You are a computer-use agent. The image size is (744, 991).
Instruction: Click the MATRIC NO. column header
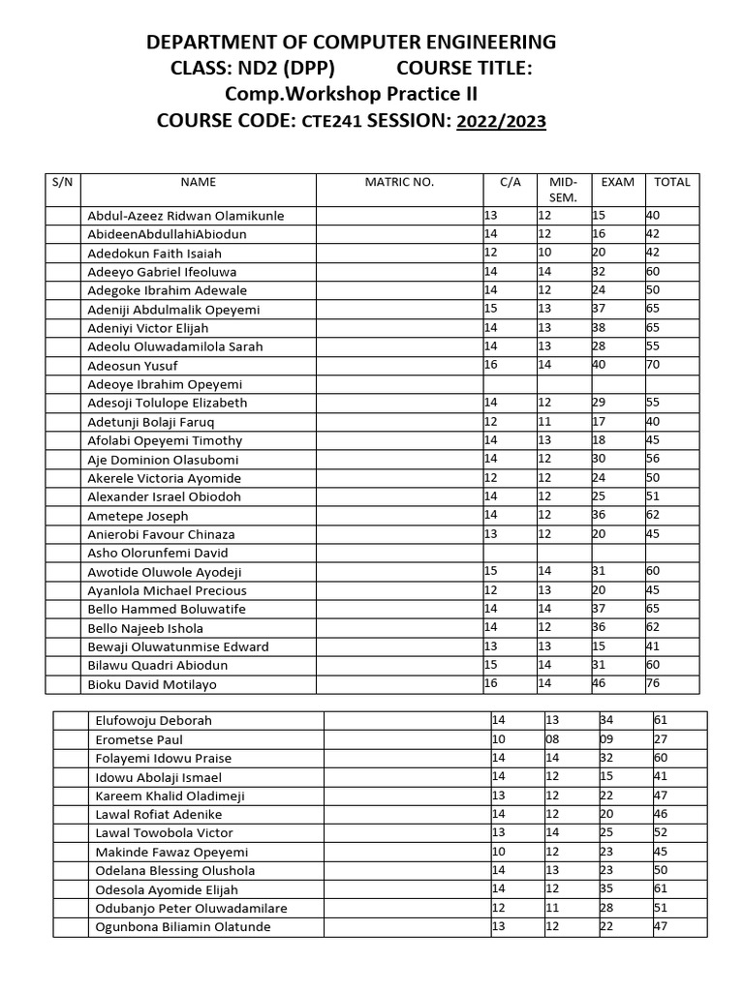click(399, 182)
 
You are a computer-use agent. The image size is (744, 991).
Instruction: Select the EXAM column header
click(618, 182)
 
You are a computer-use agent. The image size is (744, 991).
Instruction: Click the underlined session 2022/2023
click(501, 121)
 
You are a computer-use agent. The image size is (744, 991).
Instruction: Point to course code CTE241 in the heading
click(332, 122)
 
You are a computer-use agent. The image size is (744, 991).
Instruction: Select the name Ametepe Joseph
click(138, 516)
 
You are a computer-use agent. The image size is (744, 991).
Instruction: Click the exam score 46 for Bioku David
click(600, 682)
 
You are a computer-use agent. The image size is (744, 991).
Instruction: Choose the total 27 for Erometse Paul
click(661, 739)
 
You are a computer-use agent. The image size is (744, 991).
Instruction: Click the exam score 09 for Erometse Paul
click(606, 739)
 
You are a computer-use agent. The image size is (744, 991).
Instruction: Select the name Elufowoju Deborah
click(153, 721)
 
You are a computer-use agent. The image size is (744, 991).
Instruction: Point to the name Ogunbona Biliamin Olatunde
click(183, 927)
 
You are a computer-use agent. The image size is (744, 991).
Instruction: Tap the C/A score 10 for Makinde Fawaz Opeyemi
click(499, 852)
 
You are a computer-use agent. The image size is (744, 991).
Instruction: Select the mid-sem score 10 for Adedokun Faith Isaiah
click(544, 253)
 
